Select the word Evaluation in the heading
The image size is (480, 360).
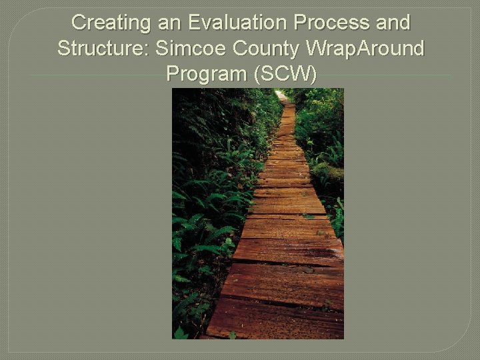(x=238, y=23)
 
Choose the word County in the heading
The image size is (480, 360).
(x=264, y=48)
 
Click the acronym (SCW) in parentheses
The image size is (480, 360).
(x=285, y=73)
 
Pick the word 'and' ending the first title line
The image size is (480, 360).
(x=393, y=23)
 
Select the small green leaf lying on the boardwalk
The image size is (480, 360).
(x=308, y=216)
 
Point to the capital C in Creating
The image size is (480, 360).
(x=79, y=23)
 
